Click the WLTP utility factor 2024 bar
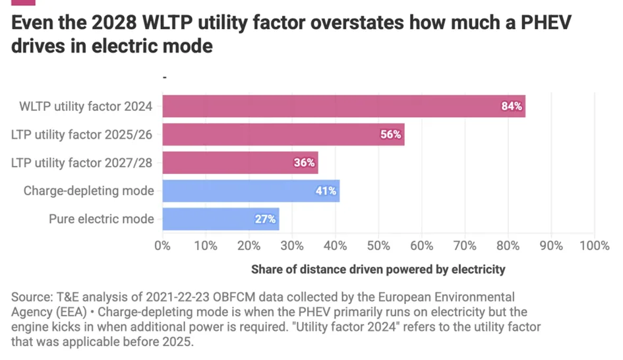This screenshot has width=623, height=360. pyautogui.click(x=343, y=106)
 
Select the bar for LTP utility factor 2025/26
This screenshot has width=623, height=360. pyautogui.click(x=283, y=135)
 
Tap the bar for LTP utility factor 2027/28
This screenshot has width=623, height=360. pyautogui.click(x=240, y=163)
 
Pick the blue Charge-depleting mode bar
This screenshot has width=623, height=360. pyautogui.click(x=251, y=191)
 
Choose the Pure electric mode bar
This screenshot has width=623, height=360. pyautogui.click(x=220, y=219)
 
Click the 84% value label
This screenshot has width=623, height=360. pyautogui.click(x=512, y=106)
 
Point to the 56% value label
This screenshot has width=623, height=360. pyautogui.click(x=391, y=135)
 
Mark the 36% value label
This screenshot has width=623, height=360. pyautogui.click(x=304, y=163)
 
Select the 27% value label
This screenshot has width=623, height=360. pyautogui.click(x=265, y=219)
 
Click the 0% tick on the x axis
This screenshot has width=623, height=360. pyautogui.click(x=162, y=246)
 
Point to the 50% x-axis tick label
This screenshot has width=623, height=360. pyautogui.click(x=378, y=246)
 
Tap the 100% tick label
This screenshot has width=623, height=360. pyautogui.click(x=595, y=246)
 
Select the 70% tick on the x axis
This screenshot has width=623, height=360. pyautogui.click(x=465, y=246)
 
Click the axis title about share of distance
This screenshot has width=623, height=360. pyautogui.click(x=378, y=269)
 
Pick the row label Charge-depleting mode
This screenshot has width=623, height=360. pyautogui.click(x=88, y=191)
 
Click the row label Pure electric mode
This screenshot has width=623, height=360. pyautogui.click(x=102, y=219)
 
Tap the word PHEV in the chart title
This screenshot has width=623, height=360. pyautogui.click(x=539, y=24)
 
